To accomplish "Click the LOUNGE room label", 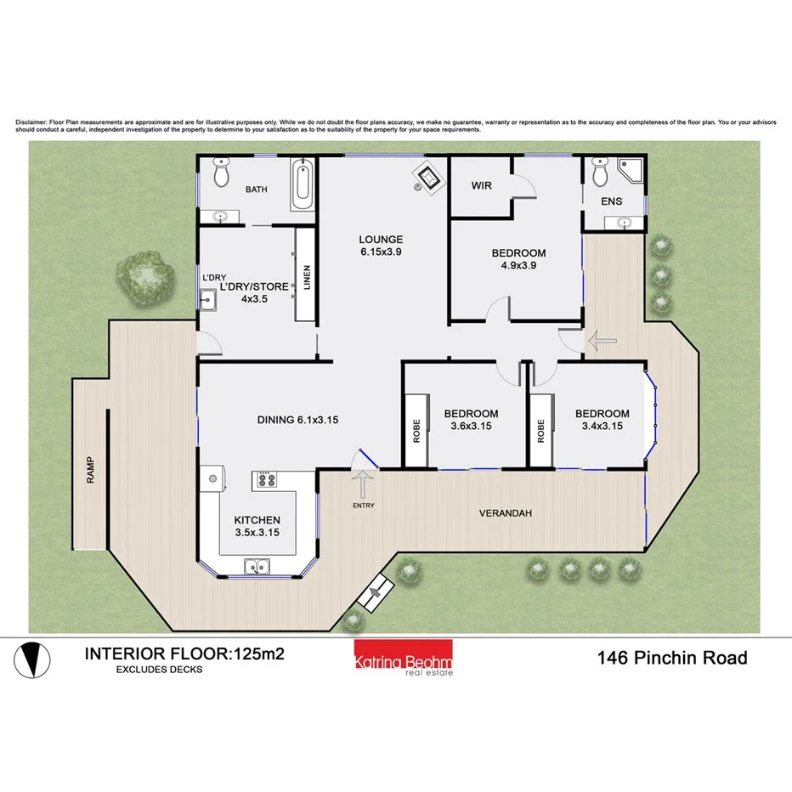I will pyautogui.click(x=380, y=240).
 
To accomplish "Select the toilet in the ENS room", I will pyautogui.click(x=599, y=174).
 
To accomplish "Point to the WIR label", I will pyautogui.click(x=481, y=184).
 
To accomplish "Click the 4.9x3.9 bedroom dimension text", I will pyautogui.click(x=518, y=265).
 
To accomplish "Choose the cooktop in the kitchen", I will pyautogui.click(x=265, y=480).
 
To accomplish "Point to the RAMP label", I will pyautogui.click(x=91, y=471).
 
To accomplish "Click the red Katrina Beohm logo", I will pyautogui.click(x=404, y=657).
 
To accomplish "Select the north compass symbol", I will pyautogui.click(x=30, y=659).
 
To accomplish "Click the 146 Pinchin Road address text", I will pyautogui.click(x=672, y=658).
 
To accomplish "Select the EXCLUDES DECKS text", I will pyautogui.click(x=159, y=670).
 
